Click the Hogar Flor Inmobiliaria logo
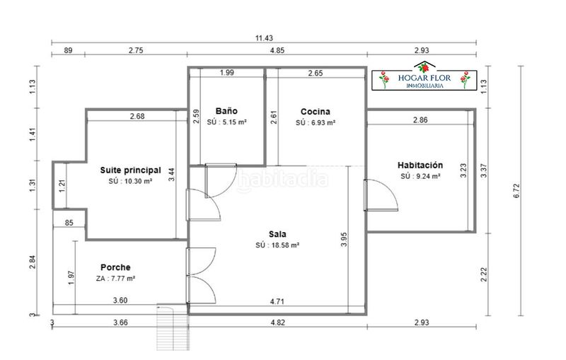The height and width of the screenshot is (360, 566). click(424, 76)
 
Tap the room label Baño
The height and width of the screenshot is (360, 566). click(226, 111)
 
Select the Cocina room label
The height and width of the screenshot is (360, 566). click(315, 112)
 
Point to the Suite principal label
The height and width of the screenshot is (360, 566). click(130, 170)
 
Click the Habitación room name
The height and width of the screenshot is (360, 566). click(420, 165)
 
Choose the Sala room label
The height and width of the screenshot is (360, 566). click(277, 233)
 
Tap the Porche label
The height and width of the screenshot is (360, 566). click(115, 267)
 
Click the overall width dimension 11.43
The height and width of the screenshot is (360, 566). click(264, 38)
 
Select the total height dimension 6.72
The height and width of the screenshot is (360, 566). click(516, 191)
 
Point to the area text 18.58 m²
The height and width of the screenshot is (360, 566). click(282, 245)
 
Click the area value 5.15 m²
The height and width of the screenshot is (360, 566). click(232, 122)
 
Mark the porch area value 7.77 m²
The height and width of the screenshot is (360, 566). click(120, 279)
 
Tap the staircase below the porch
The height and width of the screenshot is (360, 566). click(173, 327)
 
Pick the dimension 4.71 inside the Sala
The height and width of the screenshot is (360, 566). click(277, 301)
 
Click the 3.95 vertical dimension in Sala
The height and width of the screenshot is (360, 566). click(344, 239)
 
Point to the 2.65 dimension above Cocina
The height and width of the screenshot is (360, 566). click(316, 74)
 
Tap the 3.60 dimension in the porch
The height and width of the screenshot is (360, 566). click(120, 300)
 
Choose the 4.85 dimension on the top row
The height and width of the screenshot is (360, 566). click(277, 50)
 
